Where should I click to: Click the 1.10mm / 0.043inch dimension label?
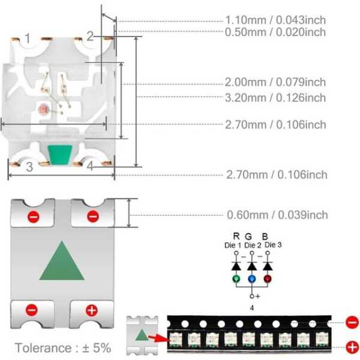click(275, 19)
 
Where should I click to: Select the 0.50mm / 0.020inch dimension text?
click(275, 32)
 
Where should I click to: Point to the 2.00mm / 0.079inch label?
click(275, 82)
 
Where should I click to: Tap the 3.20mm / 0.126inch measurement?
click(275, 97)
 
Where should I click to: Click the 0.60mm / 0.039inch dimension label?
click(277, 215)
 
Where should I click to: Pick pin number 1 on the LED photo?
click(27, 39)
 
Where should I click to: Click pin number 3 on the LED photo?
click(29, 167)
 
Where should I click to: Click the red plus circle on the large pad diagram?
click(91, 310)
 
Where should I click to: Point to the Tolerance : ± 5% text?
click(63, 348)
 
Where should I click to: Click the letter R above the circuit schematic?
click(236, 236)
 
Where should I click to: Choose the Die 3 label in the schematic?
click(272, 244)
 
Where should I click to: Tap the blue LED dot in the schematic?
click(252, 279)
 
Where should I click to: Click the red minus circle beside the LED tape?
click(352, 322)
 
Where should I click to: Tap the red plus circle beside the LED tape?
click(352, 347)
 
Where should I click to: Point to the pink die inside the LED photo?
click(43, 110)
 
